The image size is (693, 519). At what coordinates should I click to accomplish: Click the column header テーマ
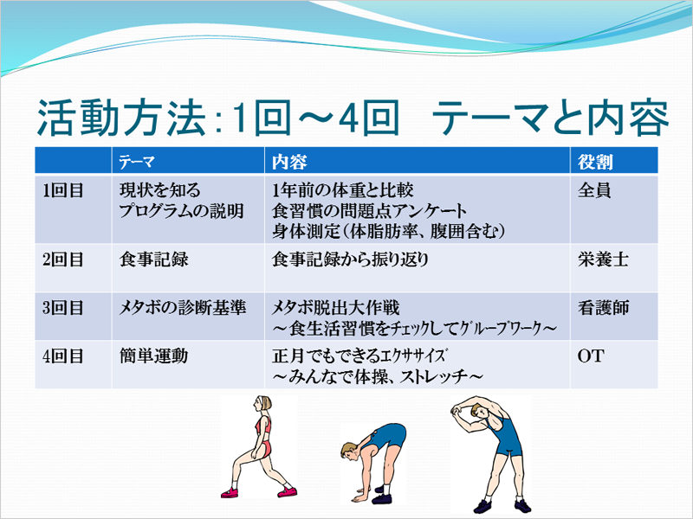[x=137, y=162]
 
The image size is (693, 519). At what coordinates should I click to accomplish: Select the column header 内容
[x=289, y=162]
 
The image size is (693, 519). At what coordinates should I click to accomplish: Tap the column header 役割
[x=595, y=162]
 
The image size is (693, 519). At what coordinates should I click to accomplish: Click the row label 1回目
[x=63, y=190]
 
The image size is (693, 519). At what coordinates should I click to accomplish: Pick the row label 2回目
[x=63, y=259]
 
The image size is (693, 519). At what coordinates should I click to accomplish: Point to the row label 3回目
[x=63, y=308]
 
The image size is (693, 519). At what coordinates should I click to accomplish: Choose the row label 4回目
[x=63, y=356]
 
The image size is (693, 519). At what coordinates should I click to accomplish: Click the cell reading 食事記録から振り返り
[x=350, y=259]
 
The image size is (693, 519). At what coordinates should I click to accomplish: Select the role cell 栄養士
[x=603, y=259]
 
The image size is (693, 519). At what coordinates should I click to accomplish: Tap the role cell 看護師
[x=603, y=308]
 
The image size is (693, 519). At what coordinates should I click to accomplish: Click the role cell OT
[x=590, y=356]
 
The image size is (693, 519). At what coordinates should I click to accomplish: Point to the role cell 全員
[x=594, y=190]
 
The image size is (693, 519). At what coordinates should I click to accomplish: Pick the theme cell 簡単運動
[x=154, y=356]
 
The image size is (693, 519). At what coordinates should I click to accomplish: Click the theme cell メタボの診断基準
[x=182, y=308]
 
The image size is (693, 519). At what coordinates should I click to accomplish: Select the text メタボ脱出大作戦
[x=336, y=308]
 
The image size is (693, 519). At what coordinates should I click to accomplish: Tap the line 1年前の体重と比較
[x=342, y=190]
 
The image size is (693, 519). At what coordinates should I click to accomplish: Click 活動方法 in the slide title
[x=121, y=119]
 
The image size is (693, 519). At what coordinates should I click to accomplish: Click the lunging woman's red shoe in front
[x=288, y=491]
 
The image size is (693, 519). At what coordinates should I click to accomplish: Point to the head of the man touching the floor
[x=349, y=452]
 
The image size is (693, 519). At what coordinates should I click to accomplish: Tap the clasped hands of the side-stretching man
[x=457, y=413]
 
